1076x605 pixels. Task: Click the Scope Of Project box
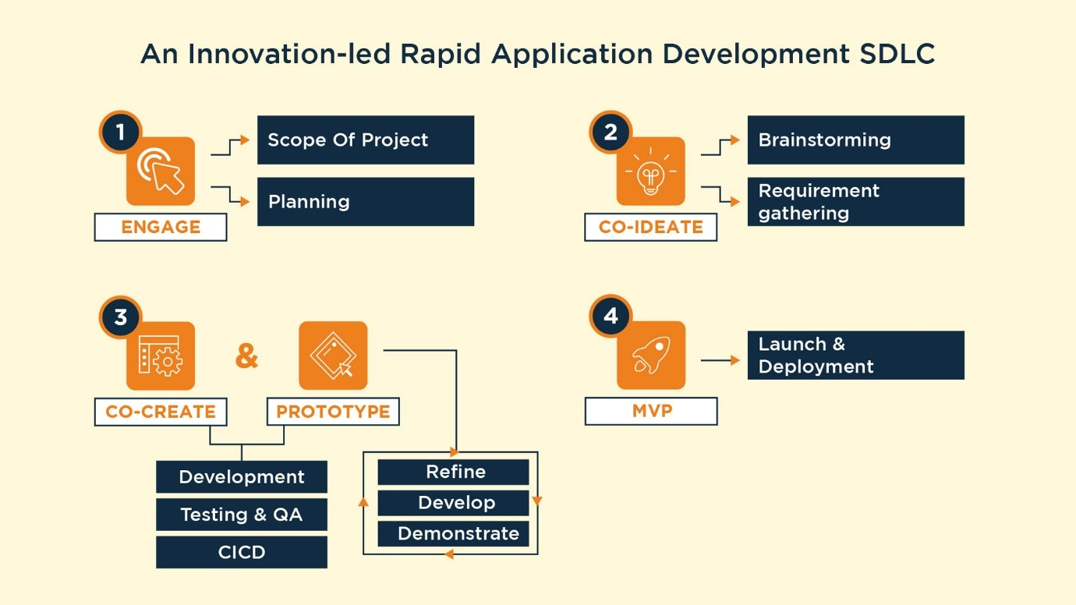365,140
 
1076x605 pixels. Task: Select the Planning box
365,202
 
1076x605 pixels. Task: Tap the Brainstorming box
855,140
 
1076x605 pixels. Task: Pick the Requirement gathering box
855,202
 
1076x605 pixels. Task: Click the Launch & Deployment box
855,356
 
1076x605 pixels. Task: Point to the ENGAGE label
161,228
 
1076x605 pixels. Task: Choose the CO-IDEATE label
650,228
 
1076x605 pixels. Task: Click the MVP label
650,412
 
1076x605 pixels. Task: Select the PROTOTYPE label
333,412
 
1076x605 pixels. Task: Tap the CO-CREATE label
161,412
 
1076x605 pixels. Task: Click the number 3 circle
120,317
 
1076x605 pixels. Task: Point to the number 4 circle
611,316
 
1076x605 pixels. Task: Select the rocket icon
650,356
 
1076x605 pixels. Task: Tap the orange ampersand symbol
246,356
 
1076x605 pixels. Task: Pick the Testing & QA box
242,515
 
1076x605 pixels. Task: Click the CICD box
242,552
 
